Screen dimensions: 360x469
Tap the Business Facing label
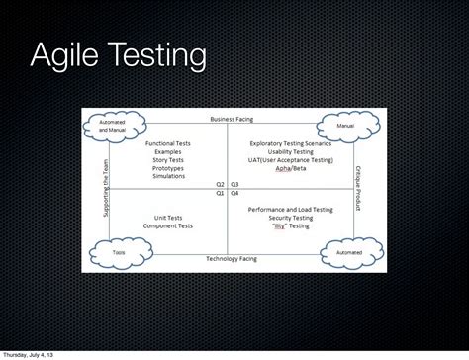pos(232,119)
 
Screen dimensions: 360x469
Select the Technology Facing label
pos(232,258)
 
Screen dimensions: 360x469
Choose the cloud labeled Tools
pos(118,252)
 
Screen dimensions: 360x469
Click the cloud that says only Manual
pos(345,127)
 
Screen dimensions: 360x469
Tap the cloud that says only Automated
pos(348,252)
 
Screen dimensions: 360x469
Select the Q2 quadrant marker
pos(220,184)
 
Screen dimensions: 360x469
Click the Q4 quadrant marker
pos(234,193)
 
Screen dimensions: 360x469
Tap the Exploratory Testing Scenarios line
pos(291,143)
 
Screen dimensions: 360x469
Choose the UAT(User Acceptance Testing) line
pos(291,160)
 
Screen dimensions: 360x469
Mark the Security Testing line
pos(291,218)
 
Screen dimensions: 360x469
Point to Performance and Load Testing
pos(291,210)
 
